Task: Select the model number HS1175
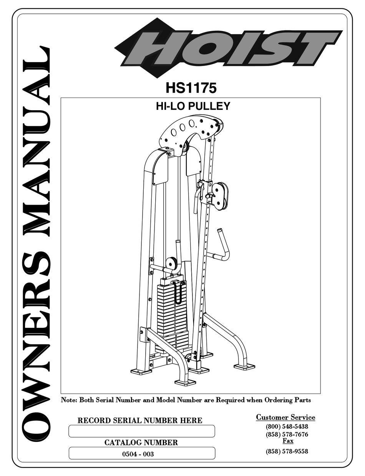pos(191,88)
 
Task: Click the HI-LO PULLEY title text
pos(193,106)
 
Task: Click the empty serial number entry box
pos(141,431)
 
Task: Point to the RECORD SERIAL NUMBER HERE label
pos(140,420)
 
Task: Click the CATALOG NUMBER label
pos(141,443)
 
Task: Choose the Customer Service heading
pos(285,417)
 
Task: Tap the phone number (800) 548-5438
pos(287,426)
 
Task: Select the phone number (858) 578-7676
pos(287,435)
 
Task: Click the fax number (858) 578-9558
pos(287,451)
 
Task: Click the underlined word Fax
pos(288,441)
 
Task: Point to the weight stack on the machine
pos(172,311)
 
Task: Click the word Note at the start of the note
pos(69,400)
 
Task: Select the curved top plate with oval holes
pos(190,128)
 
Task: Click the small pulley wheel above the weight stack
pos(171,264)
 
